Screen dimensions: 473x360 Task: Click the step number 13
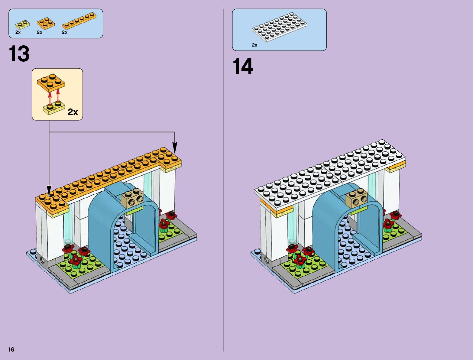coord(19,54)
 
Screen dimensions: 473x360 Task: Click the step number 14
coord(243,66)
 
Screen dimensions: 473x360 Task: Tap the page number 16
coord(11,349)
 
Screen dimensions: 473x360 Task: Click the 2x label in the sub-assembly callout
coord(73,112)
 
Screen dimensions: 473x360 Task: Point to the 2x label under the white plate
coord(254,45)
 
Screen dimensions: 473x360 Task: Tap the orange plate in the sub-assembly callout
coord(51,82)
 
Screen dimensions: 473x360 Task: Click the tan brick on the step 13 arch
coord(132,198)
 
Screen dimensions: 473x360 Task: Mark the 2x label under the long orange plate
coord(65,32)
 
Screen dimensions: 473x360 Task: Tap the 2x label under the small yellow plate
coord(18,32)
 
